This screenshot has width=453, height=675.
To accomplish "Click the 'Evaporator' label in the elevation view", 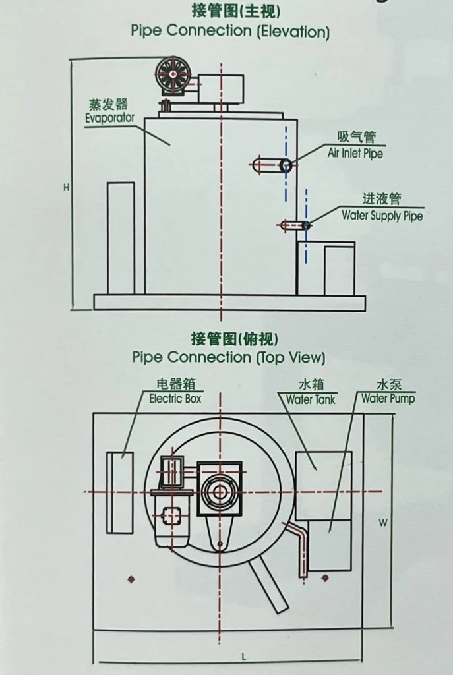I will click(109, 119).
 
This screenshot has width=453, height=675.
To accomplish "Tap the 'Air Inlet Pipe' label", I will click(355, 154).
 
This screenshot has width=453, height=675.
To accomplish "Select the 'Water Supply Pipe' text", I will click(382, 216).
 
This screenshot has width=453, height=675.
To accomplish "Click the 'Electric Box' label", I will click(175, 399).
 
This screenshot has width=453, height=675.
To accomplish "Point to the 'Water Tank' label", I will click(311, 399).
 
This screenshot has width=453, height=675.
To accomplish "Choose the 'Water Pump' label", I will click(388, 399).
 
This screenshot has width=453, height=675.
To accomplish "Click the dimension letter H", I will click(67, 188).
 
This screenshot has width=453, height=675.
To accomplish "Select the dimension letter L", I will click(243, 657).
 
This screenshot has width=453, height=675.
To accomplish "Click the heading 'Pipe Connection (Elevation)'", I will click(229, 31).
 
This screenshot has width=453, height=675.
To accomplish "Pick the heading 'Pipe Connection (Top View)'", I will click(229, 357).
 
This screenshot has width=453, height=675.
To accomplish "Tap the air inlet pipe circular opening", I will click(286, 165).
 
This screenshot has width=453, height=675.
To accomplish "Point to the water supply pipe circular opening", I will click(306, 225).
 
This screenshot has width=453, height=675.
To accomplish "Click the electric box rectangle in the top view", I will click(120, 492).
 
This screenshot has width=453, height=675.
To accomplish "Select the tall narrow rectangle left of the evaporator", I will click(121, 238).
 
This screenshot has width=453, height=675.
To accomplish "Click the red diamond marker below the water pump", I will click(325, 578).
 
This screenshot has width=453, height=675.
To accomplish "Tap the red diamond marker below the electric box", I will click(131, 579).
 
